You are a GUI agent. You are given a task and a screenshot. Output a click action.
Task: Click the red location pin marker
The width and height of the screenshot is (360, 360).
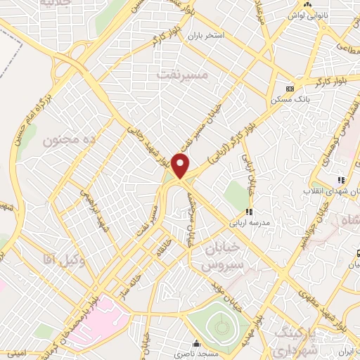pos(181,166)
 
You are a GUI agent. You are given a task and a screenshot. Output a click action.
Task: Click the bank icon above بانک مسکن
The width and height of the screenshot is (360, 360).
pos(290,89)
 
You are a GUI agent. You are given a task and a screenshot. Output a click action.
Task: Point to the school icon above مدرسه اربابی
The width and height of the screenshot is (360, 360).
pos(247,212)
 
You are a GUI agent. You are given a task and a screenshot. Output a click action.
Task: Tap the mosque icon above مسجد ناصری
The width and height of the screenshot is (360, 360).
pos(196,345)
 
